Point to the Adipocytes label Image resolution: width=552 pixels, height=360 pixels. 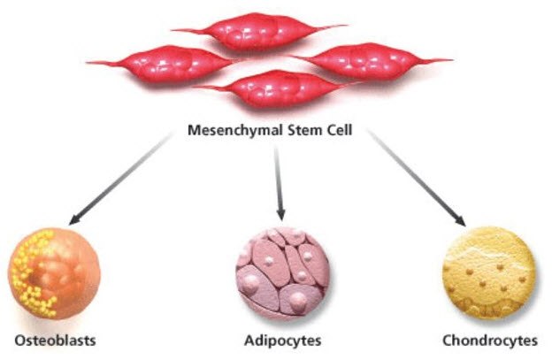pos(282,340)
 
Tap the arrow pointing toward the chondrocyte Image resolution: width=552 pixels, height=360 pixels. pos(417,178)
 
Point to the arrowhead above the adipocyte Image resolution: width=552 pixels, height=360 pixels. pos(281,214)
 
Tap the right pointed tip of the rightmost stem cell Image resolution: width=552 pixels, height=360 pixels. pos(450,60)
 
